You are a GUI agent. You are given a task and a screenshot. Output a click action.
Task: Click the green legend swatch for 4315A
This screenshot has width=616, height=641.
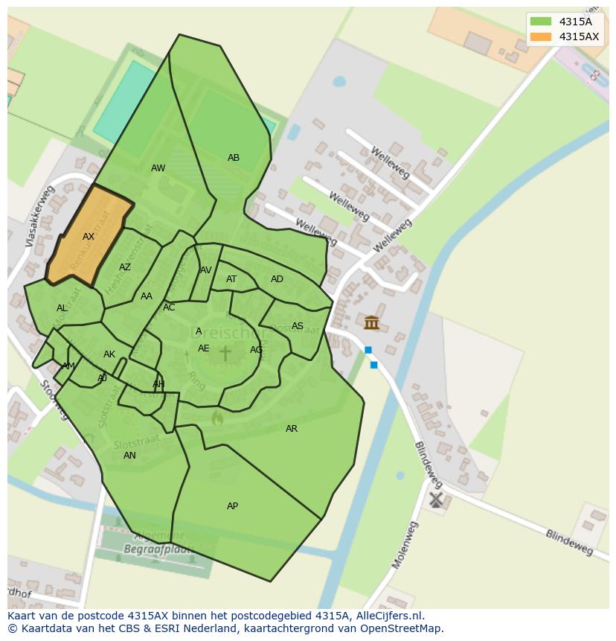[541, 22]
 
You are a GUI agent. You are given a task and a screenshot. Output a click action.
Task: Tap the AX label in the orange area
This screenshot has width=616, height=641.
[89, 237]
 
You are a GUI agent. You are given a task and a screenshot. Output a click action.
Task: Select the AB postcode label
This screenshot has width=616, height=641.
[234, 158]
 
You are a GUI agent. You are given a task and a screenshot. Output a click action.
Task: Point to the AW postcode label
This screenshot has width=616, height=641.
[158, 168]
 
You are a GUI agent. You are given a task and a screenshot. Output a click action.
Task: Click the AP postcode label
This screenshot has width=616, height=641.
[232, 506]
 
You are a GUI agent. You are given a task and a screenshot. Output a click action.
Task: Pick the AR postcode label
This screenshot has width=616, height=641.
[292, 429]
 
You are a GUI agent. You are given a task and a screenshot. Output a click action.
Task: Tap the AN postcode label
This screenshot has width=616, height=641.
[129, 456]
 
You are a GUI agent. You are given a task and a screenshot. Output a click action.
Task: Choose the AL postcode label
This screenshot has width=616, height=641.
[62, 308]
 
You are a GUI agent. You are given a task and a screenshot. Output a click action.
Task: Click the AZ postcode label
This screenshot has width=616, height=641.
[125, 267]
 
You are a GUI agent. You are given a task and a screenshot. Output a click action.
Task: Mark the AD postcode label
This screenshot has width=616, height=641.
[277, 279]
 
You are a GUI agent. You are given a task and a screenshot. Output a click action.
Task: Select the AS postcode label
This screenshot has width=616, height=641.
[298, 326]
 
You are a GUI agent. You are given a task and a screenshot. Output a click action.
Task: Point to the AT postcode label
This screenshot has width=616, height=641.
[231, 279]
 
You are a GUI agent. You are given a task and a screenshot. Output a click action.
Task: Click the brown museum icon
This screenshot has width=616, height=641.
[371, 322]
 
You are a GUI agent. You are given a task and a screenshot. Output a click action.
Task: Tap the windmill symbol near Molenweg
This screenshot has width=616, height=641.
[436, 500]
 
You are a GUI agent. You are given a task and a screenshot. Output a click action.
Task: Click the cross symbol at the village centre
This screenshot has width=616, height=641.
[225, 353]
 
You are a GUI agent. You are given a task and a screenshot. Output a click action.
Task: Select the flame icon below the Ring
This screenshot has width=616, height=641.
[216, 418]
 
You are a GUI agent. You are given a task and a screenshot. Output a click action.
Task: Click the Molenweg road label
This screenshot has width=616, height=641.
[406, 544]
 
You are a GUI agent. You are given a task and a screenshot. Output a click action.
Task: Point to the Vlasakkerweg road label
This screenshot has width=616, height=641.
[40, 216]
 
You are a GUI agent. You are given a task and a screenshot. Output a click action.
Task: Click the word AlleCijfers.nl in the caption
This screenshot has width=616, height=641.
[388, 616]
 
